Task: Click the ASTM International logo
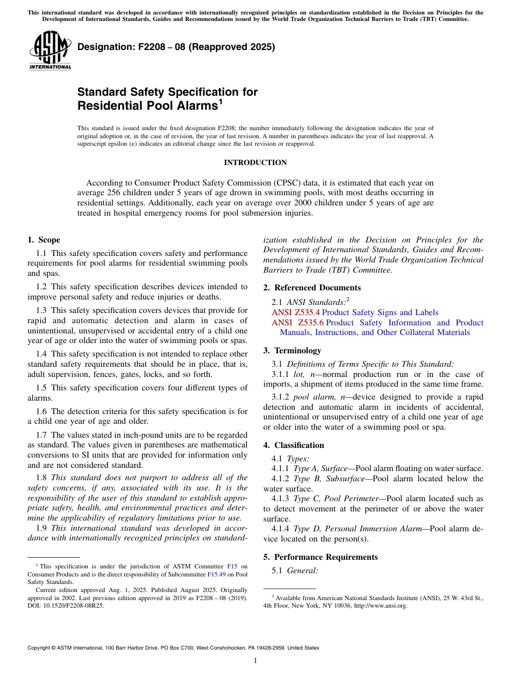50,51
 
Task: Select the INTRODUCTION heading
255,162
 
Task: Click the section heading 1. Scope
44,240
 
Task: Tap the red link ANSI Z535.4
295,312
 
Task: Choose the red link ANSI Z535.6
297,323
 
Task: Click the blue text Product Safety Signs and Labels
380,312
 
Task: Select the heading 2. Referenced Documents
312,288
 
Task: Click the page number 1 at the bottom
256,661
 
